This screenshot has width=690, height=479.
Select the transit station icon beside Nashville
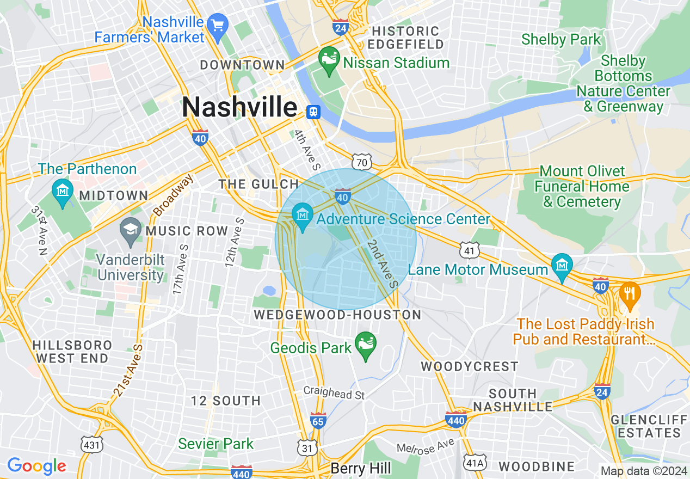coord(313,112)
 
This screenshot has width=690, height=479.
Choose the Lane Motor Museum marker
coord(562,266)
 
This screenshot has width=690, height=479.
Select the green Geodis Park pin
coord(365,345)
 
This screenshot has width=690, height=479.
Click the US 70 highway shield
coord(361,162)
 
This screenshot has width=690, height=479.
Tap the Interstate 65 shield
coord(318,421)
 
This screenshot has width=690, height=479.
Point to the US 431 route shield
coord(91,444)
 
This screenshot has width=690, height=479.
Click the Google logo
coord(36,466)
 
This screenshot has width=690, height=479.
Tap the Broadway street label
coord(173,195)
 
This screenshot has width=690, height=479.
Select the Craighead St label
coord(334,392)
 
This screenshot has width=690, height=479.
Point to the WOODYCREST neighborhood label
coord(470,366)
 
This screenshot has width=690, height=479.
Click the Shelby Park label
coord(560,39)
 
